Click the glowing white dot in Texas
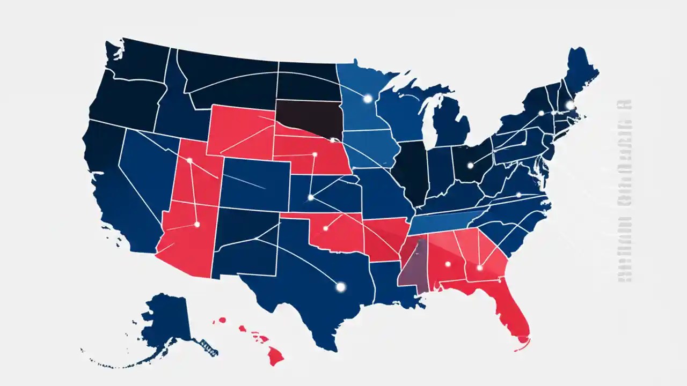coord(340,287)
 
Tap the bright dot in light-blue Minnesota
coord(368,99)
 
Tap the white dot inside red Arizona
coord(197,225)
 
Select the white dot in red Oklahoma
coord(326,228)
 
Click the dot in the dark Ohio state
coord(471,165)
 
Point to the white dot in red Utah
coord(189,160)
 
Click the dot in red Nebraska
coord(315,154)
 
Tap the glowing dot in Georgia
coord(479,268)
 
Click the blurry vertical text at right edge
coord(624,193)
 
